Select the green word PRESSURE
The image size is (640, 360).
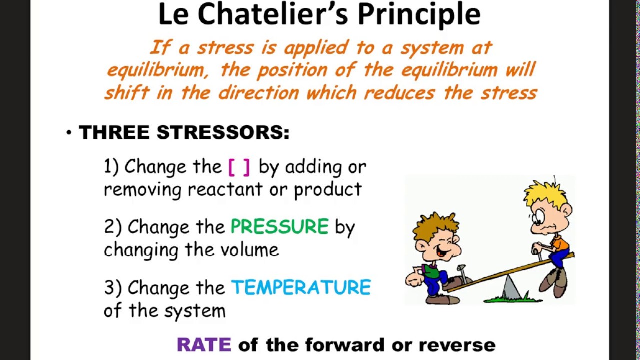[279, 227]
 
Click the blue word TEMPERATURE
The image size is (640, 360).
[301, 288]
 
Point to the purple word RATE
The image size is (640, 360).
[204, 344]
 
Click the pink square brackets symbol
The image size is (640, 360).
[239, 167]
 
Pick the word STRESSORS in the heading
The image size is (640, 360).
[223, 133]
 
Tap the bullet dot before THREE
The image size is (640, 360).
[69, 133]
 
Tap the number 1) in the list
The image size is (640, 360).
[111, 167]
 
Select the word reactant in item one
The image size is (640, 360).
[224, 190]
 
